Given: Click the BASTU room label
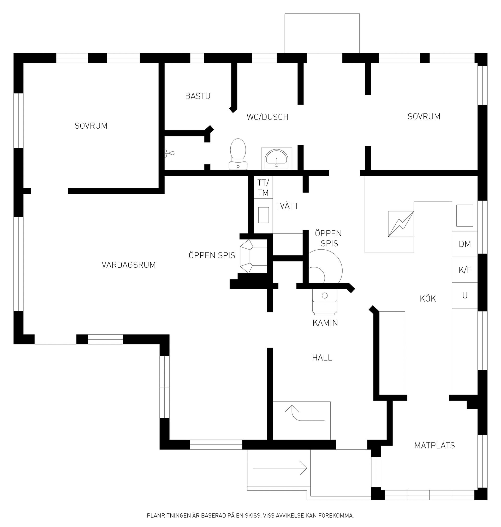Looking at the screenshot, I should pyautogui.click(x=198, y=96).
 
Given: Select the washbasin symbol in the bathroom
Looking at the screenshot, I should pyautogui.click(x=276, y=159).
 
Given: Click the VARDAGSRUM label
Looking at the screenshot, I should pyautogui.click(x=129, y=265).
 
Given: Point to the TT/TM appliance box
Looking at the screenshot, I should pyautogui.click(x=263, y=188).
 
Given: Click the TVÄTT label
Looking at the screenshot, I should pyautogui.click(x=287, y=206).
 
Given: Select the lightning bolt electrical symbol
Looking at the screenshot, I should pyautogui.click(x=401, y=224).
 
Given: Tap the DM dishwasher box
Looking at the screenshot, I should pyautogui.click(x=465, y=244).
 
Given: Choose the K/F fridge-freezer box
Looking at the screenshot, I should pyautogui.click(x=465, y=270).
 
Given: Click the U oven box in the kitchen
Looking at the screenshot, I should pyautogui.click(x=465, y=296).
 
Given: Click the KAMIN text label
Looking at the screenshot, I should pyautogui.click(x=325, y=323).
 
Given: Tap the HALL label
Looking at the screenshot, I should pyautogui.click(x=322, y=358).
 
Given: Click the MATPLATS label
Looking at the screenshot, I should pyautogui.click(x=434, y=445).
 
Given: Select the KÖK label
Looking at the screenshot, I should pyautogui.click(x=428, y=298).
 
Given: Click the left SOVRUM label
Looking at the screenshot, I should pyautogui.click(x=91, y=126).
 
